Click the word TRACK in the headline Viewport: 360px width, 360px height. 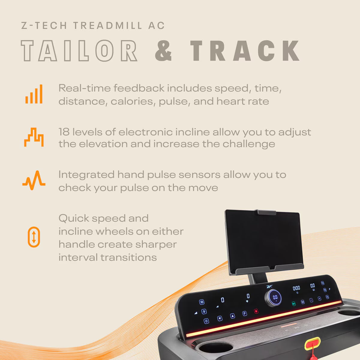[x=244, y=51]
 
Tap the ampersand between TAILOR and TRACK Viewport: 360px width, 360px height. [x=163, y=51]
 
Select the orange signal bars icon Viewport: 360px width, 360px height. [x=34, y=94]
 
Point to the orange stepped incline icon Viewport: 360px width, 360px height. [x=34, y=137]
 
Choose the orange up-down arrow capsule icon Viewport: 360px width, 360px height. [x=34, y=237]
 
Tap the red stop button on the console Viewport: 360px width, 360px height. [x=256, y=311]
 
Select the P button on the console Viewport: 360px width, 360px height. [x=244, y=313]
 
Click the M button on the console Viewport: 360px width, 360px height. [x=303, y=302]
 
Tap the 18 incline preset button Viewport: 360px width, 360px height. [x=202, y=302]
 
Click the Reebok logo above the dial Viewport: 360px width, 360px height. [x=269, y=286]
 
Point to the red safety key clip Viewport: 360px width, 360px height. [x=313, y=343]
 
